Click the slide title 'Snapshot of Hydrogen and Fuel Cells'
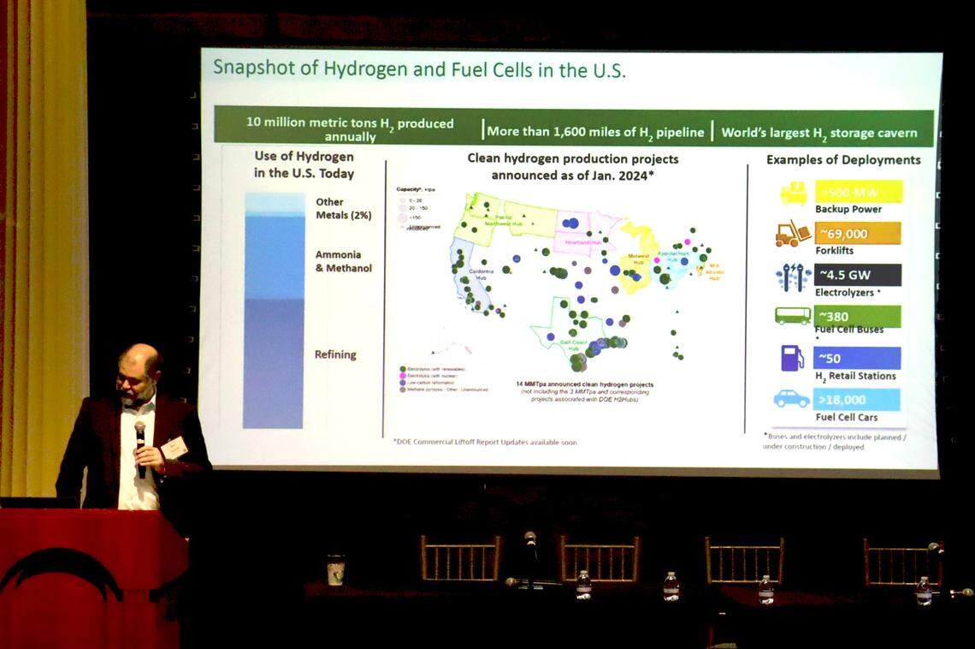pyautogui.click(x=419, y=69)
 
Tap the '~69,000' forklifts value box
pyautogui.click(x=857, y=234)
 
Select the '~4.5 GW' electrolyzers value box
pyautogui.click(x=857, y=275)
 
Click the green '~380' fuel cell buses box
pyautogui.click(x=857, y=316)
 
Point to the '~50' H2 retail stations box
pyautogui.click(x=857, y=357)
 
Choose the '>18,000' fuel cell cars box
pyautogui.click(x=857, y=399)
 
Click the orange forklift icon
pyautogui.click(x=793, y=234)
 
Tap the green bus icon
pyautogui.click(x=793, y=316)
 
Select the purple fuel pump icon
pyautogui.click(x=793, y=357)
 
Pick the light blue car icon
pyautogui.click(x=792, y=399)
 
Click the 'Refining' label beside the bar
pyautogui.click(x=335, y=354)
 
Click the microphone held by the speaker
pyautogui.click(x=139, y=437)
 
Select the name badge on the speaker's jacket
pyautogui.click(x=174, y=447)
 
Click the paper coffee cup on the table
pyautogui.click(x=335, y=569)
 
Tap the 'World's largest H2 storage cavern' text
pyautogui.click(x=818, y=133)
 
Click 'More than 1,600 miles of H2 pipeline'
pyautogui.click(x=595, y=132)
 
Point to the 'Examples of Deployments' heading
pyautogui.click(x=843, y=160)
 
